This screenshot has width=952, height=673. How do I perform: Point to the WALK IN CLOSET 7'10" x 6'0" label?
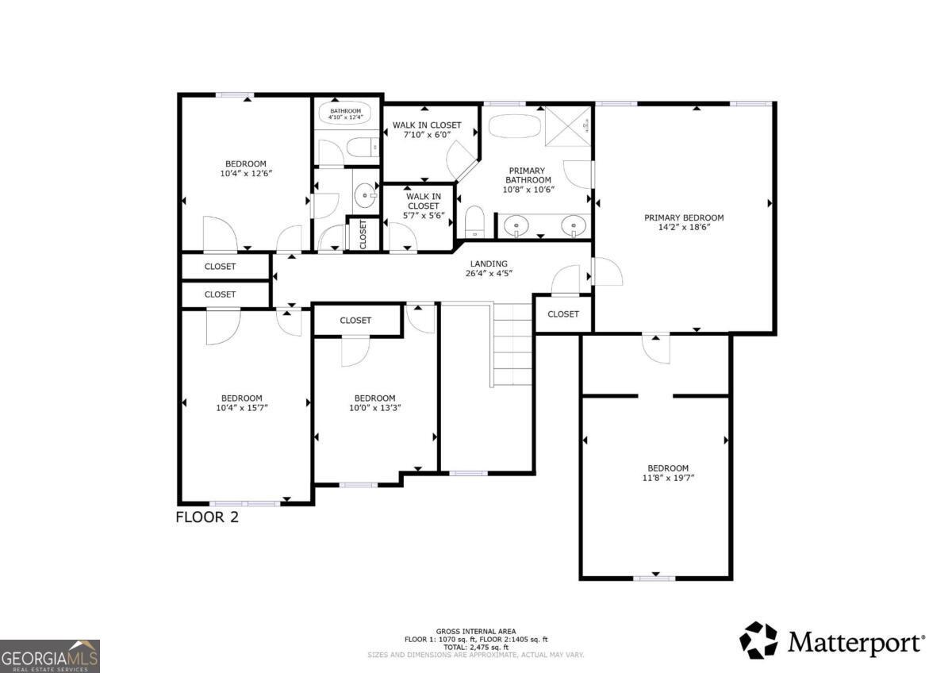point(426,129)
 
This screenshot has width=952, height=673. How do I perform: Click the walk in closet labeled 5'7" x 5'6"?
point(423,206)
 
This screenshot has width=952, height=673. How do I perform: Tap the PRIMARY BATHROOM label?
point(526,180)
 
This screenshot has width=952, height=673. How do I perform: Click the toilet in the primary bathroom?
point(474,221)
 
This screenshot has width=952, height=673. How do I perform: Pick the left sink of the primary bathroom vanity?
point(517,227)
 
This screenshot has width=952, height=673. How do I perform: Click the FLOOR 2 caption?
point(206,517)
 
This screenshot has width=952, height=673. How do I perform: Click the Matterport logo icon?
point(758,640)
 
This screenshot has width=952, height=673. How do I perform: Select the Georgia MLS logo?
point(50,656)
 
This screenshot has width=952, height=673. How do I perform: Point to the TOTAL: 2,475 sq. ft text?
point(475,647)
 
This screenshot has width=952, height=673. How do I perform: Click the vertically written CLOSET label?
point(363,233)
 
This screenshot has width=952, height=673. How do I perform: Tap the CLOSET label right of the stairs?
point(563,313)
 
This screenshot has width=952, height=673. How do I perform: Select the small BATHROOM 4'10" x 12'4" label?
point(345,113)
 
